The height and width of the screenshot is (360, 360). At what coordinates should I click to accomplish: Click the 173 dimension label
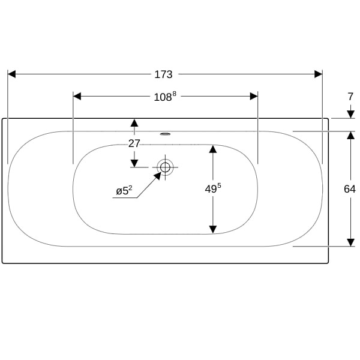tap(163, 74)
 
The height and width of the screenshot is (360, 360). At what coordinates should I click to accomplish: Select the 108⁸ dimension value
tap(165, 97)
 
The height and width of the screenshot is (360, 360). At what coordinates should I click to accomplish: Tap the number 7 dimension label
tap(350, 97)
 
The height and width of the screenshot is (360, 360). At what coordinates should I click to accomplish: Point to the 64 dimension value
tap(350, 189)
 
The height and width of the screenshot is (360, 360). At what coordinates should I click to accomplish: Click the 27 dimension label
tap(134, 143)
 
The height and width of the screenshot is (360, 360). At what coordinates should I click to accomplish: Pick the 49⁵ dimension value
tap(213, 189)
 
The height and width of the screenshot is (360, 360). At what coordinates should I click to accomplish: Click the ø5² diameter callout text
tap(124, 191)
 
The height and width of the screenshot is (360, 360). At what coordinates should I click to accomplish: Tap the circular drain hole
tap(165, 167)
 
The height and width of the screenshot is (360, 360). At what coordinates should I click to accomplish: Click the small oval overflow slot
tap(165, 134)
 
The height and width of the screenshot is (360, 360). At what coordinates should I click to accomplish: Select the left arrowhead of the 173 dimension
tap(12, 74)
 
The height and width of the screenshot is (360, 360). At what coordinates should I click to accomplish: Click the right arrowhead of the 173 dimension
tap(319, 74)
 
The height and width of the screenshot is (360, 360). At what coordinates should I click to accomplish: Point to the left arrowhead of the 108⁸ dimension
tap(77, 97)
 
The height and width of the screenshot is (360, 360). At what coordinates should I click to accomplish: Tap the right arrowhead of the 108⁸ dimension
tap(254, 97)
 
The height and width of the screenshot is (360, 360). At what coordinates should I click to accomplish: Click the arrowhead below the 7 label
tap(350, 115)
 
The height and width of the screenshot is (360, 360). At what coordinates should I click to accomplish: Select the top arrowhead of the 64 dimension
tap(350, 136)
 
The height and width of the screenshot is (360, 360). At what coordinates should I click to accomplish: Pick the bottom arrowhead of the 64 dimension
tap(350, 242)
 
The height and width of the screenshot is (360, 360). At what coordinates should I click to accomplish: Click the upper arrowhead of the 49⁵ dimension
tap(213, 149)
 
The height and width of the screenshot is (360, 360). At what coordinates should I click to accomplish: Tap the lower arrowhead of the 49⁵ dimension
tap(213, 230)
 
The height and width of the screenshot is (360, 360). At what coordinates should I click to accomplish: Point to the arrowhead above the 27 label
tap(134, 123)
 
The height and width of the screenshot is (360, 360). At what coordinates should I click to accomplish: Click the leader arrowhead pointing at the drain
tap(157, 175)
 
